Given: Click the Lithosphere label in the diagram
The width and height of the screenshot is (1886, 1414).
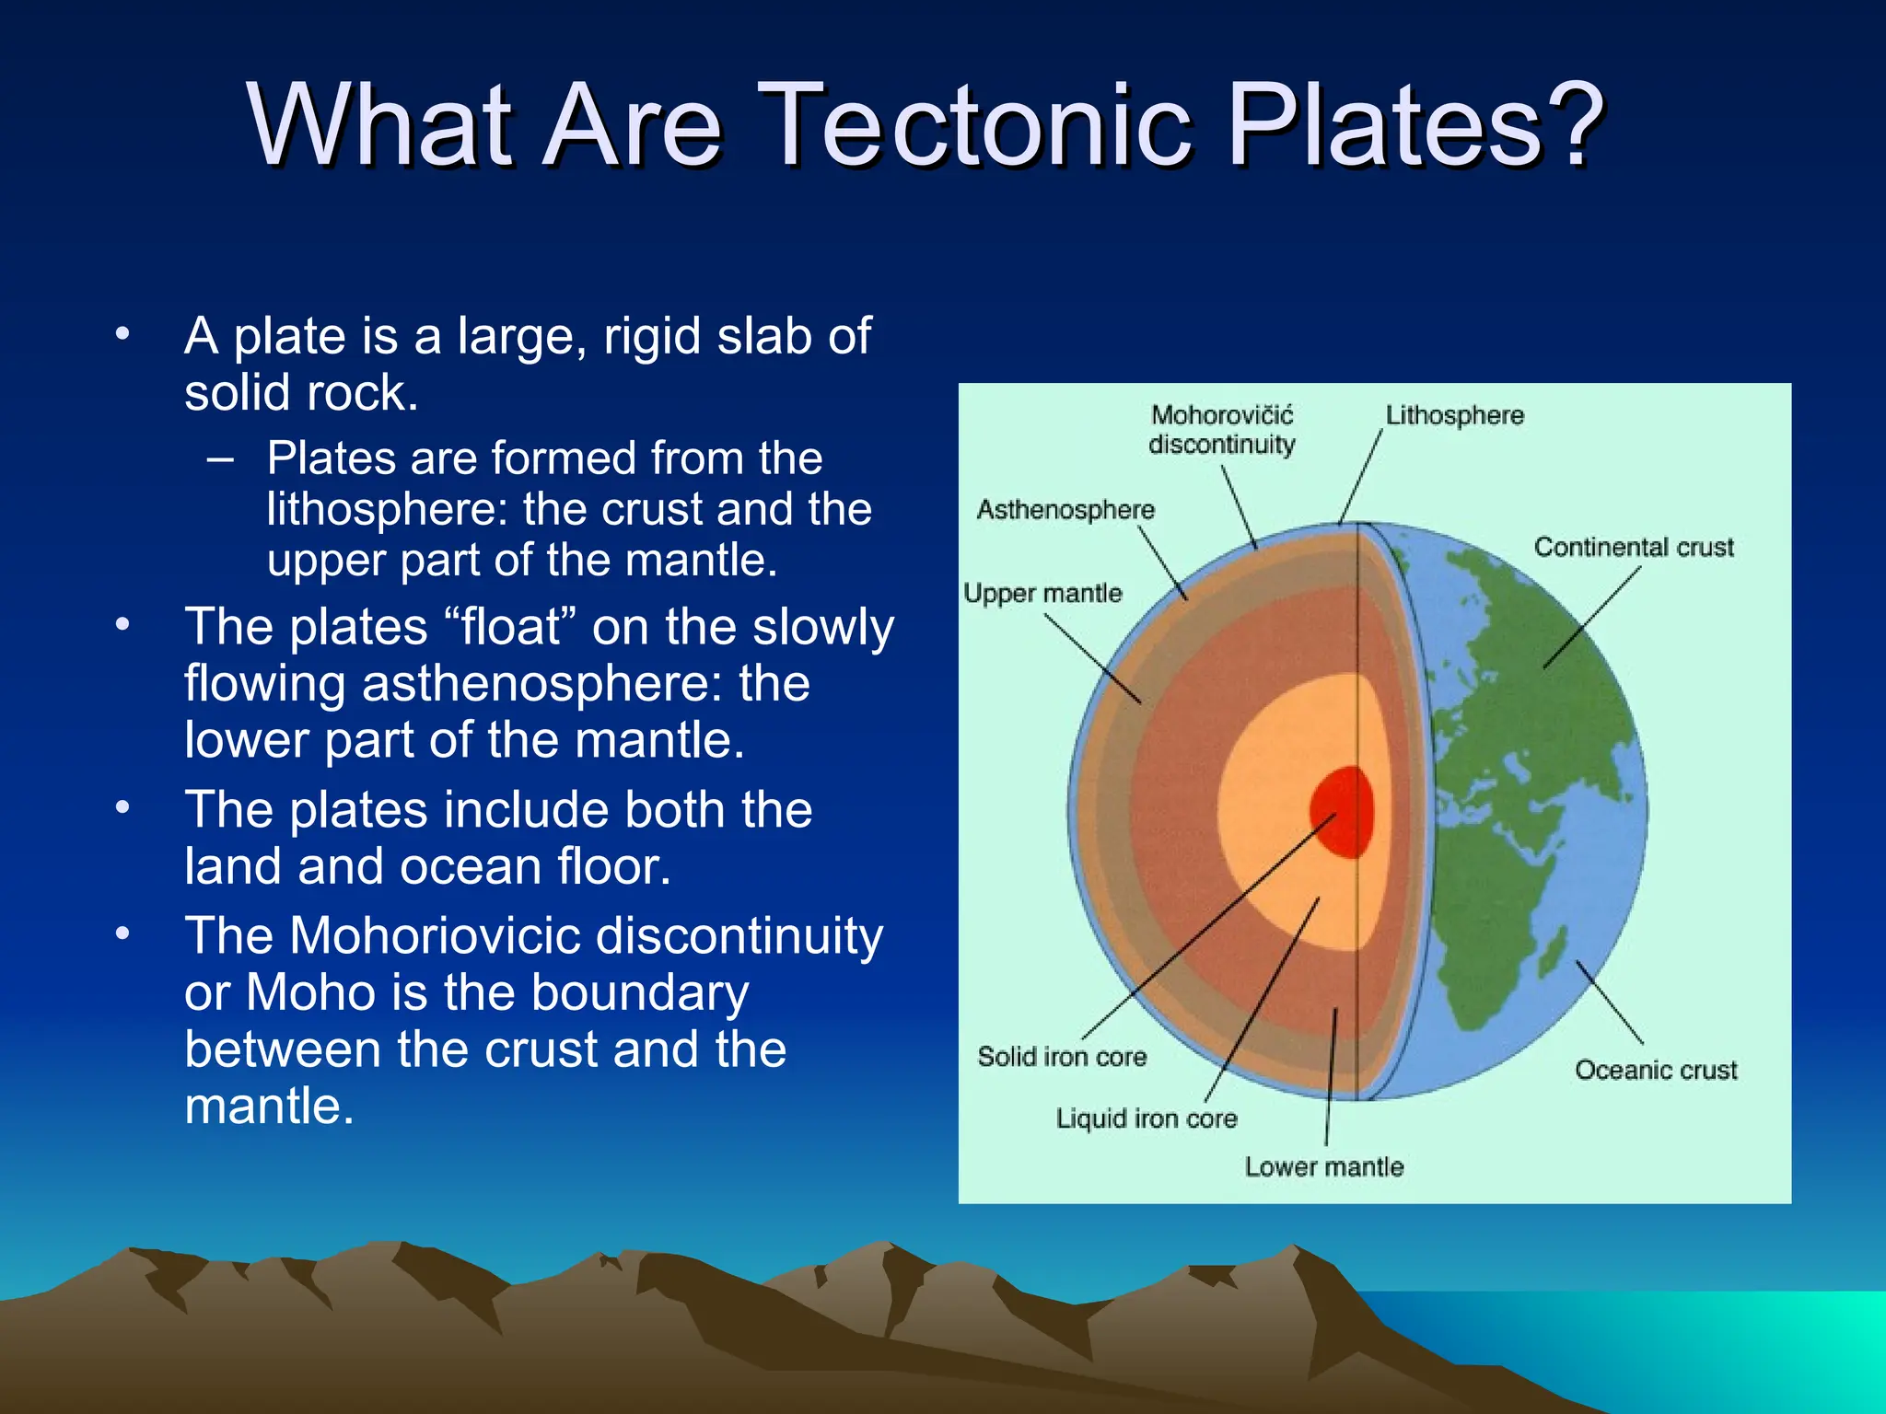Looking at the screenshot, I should pyautogui.click(x=1454, y=415).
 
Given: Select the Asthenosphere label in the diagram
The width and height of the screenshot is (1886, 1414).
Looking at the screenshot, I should pyautogui.click(x=1065, y=509).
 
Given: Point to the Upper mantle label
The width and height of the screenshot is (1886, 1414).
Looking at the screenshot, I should pyautogui.click(x=1042, y=593).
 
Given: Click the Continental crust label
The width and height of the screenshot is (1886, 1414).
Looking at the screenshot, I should pyautogui.click(x=1633, y=547).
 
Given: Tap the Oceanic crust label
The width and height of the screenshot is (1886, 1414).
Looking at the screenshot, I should pyautogui.click(x=1655, y=1070).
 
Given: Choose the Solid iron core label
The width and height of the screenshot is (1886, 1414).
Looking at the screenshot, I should pyautogui.click(x=1062, y=1056).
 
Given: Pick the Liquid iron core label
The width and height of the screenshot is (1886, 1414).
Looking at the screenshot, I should pyautogui.click(x=1147, y=1118).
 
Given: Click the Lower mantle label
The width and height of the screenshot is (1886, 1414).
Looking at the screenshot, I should pyautogui.click(x=1324, y=1166).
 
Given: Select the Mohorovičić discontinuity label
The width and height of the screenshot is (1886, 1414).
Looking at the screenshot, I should pyautogui.click(x=1222, y=430).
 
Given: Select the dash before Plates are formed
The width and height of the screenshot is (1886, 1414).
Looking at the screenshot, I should pyautogui.click(x=221, y=458).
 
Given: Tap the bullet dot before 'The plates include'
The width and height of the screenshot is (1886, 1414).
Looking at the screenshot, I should pyautogui.click(x=122, y=808).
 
